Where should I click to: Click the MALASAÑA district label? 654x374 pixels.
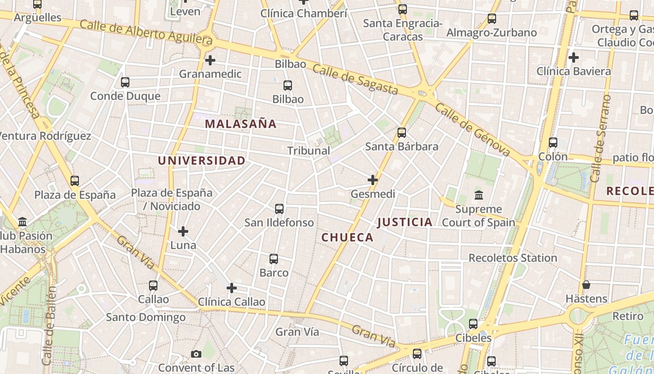[241, 124]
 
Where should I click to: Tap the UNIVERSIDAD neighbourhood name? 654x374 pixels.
[201, 160]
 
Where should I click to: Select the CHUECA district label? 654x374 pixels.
[348, 237]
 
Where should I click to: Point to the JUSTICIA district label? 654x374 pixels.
[405, 222]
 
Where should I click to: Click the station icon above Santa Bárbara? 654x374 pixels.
[402, 133]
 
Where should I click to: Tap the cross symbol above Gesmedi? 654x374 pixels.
[373, 180]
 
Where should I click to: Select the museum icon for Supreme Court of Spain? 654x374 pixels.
[478, 195]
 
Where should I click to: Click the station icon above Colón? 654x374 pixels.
[553, 143]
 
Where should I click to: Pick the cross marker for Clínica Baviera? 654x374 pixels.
[574, 58]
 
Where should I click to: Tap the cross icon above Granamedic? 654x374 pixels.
[210, 60]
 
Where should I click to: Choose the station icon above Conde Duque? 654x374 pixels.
[125, 82]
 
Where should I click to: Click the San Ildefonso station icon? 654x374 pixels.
[279, 209]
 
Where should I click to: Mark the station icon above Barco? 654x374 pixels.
[274, 259]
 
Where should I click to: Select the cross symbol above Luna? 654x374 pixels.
[183, 231]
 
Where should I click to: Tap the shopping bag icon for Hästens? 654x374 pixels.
[586, 285]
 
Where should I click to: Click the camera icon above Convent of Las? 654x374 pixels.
[196, 354]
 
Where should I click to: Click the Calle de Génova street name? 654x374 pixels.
[472, 129]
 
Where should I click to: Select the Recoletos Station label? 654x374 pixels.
[512, 258]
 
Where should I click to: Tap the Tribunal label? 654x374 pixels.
[308, 151]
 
